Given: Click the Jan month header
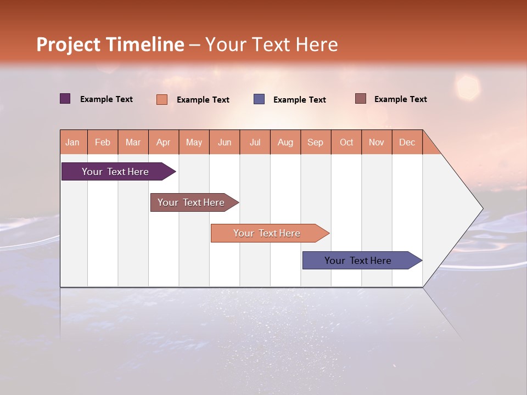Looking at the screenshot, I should [72, 143].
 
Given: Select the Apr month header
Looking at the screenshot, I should [164, 143].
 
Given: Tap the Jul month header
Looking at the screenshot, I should [255, 143].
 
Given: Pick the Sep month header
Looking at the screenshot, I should [315, 143].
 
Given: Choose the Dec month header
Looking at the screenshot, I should [407, 143].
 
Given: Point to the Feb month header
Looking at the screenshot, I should [103, 143].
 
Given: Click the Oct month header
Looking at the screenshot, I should [346, 143].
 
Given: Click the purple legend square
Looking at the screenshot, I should [65, 99].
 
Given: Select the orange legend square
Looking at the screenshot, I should [162, 99].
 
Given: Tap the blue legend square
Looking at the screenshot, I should [259, 99].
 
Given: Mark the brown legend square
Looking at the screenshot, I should [360, 99].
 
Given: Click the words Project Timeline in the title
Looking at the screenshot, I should [110, 44].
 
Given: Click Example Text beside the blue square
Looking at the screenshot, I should [300, 100].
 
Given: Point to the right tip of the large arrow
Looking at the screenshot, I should [482, 208].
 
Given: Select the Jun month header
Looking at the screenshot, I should [225, 143].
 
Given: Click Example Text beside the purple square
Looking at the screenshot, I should [106, 99].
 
